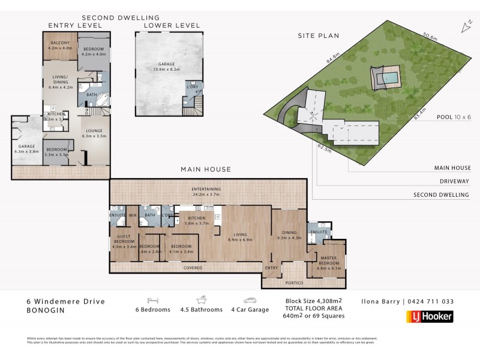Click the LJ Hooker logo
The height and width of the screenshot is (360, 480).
(x=430, y=316)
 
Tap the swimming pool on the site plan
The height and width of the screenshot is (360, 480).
(x=387, y=78)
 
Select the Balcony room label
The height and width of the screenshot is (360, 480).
(x=60, y=45)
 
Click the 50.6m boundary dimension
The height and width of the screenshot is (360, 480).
(x=430, y=37)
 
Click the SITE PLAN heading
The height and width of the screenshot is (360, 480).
(x=319, y=36)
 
